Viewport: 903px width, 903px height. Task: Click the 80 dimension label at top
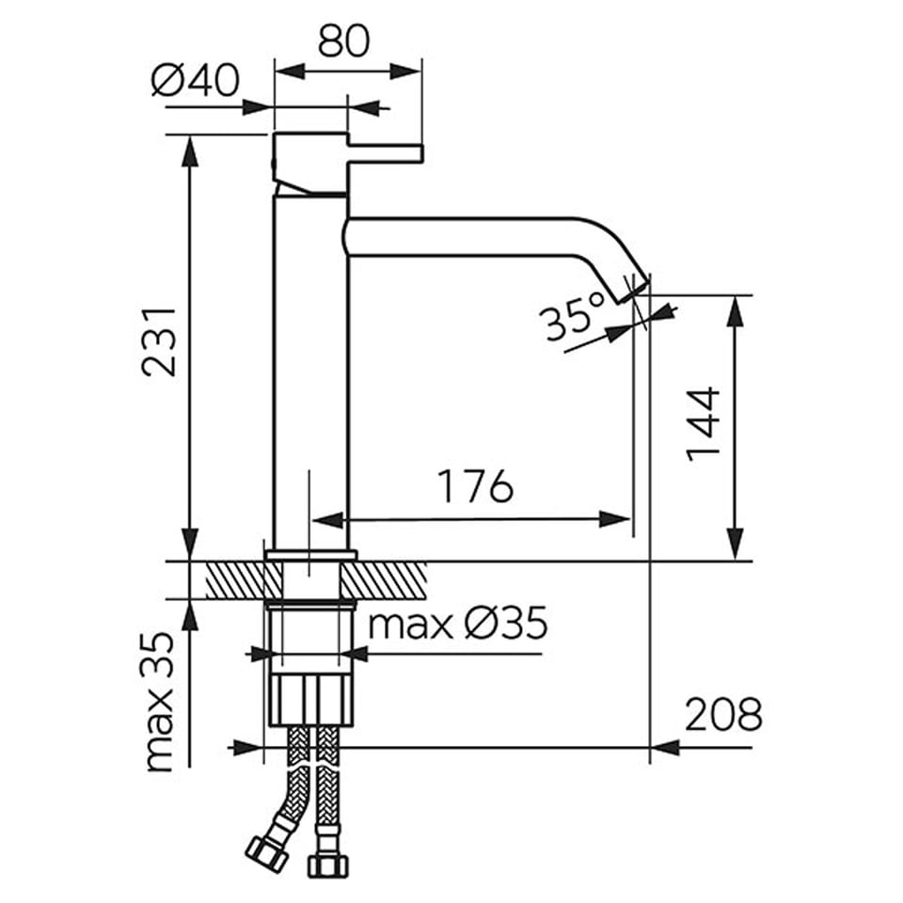point(343,40)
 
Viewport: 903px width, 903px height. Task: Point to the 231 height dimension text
point(158,342)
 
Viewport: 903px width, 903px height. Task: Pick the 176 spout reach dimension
point(475,486)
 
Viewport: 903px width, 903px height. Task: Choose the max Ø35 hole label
point(458,623)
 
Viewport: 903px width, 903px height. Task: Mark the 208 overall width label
point(723,714)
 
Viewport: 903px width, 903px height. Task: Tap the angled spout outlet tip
point(633,289)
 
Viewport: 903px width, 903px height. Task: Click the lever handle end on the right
point(420,153)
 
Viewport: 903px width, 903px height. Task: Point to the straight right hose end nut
point(328,863)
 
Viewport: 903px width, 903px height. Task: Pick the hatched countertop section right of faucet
point(384,580)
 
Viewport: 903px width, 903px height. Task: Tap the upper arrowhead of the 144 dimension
point(736,311)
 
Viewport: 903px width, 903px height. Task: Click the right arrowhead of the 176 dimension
point(615,519)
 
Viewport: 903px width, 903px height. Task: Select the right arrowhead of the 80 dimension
point(406,72)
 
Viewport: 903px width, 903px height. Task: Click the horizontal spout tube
point(461,237)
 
